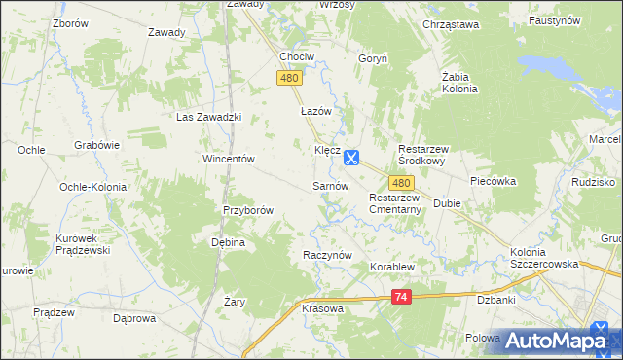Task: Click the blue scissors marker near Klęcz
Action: point(351,156)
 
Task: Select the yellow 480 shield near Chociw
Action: point(288,77)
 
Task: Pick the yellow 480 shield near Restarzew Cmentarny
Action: point(402,182)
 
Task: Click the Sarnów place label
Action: point(330,185)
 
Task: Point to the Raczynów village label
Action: point(326,253)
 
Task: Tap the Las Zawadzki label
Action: point(207,117)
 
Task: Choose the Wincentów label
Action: point(228,159)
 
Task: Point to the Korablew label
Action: point(389,266)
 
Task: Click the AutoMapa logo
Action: point(559,340)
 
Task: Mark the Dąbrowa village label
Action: point(135,317)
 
